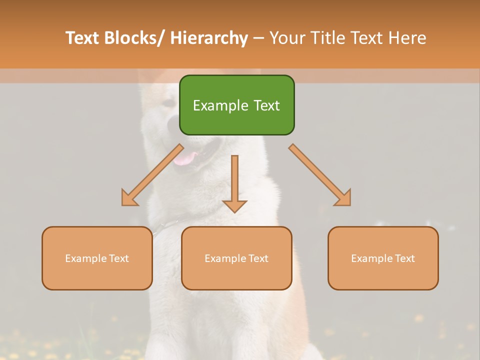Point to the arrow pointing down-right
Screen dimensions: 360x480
pos(319,174)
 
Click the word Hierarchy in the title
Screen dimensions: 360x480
pos(209,38)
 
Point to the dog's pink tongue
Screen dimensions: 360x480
pos(186,158)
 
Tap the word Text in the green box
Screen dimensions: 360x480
pos(266,105)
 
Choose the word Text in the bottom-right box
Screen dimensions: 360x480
pos(404,258)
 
